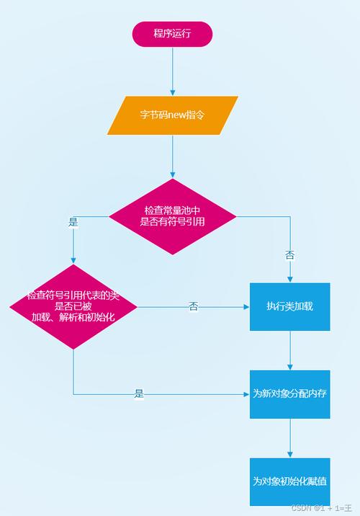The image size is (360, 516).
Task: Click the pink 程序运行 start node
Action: pyautogui.click(x=172, y=34)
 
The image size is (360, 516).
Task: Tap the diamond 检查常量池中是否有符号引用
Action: pyautogui.click(x=172, y=216)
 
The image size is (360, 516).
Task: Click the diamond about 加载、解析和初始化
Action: pyautogui.click(x=73, y=306)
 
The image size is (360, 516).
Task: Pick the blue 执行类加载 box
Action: pyautogui.click(x=289, y=306)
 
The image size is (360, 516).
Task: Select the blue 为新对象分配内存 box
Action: pyautogui.click(x=289, y=393)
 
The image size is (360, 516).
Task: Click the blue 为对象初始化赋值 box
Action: pyautogui.click(x=289, y=481)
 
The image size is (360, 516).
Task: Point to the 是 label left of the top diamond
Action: pyautogui.click(x=73, y=223)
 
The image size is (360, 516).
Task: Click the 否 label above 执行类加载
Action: pyautogui.click(x=289, y=255)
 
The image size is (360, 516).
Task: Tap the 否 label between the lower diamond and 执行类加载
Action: pyautogui.click(x=193, y=307)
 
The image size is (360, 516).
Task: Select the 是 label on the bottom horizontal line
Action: pyautogui.click(x=139, y=394)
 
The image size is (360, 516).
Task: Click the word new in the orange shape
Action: pyautogui.click(x=177, y=115)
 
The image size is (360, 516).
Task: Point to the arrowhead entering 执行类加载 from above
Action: pyautogui.click(x=289, y=278)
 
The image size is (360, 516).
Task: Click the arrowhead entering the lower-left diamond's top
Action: pyautogui.click(x=73, y=261)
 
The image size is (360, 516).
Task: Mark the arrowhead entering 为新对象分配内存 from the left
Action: pyautogui.click(x=246, y=394)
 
